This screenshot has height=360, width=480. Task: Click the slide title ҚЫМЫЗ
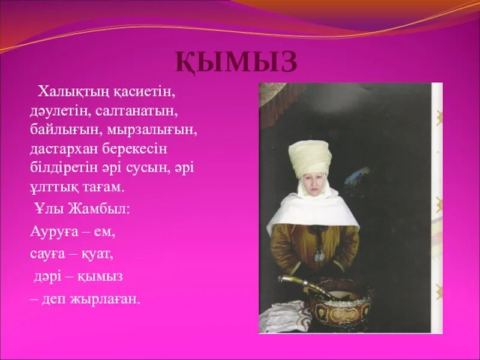[236, 62]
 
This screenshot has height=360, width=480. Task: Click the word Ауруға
[52, 230]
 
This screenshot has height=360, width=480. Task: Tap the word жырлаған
[104, 299]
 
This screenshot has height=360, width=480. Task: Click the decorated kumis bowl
[338, 300]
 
